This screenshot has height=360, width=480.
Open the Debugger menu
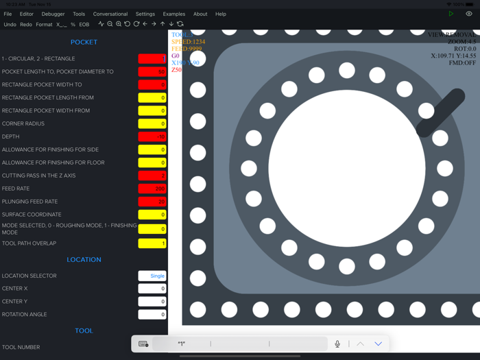point(53,14)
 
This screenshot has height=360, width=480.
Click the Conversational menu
point(110,14)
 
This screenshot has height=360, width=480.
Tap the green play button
point(451,14)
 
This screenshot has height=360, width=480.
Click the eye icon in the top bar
point(469,14)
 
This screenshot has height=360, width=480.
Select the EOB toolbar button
point(84,25)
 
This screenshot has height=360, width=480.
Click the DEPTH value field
point(152,136)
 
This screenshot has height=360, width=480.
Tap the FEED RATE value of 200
point(152,189)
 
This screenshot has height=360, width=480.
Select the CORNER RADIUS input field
point(152,124)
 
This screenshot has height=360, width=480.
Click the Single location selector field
point(152,276)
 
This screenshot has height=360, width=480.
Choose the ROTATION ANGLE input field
point(152,315)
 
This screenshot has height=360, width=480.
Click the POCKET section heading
point(84,43)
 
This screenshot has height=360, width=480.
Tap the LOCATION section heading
point(84,260)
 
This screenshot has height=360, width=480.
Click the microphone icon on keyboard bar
point(337,344)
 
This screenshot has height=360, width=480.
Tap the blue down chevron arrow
point(378,344)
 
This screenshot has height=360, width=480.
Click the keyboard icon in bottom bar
point(143,344)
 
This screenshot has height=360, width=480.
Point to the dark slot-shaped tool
point(440,113)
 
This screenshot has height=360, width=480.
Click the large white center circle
point(347,168)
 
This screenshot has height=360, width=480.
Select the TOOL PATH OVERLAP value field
point(152,243)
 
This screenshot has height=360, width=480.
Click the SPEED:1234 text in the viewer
point(188,42)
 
